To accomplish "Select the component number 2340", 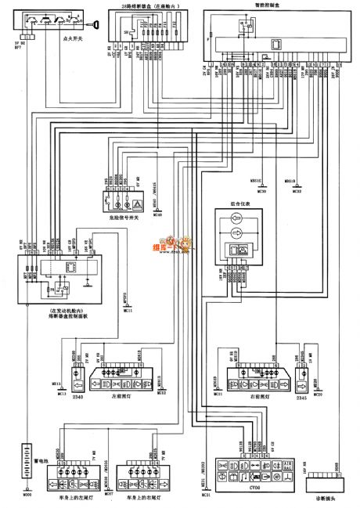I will pyautogui.click(x=77, y=397).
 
